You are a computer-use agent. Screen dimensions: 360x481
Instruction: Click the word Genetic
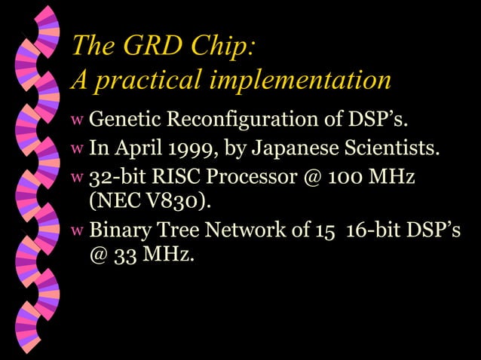(125, 119)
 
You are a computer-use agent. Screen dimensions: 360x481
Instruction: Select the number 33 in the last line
(124, 255)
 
